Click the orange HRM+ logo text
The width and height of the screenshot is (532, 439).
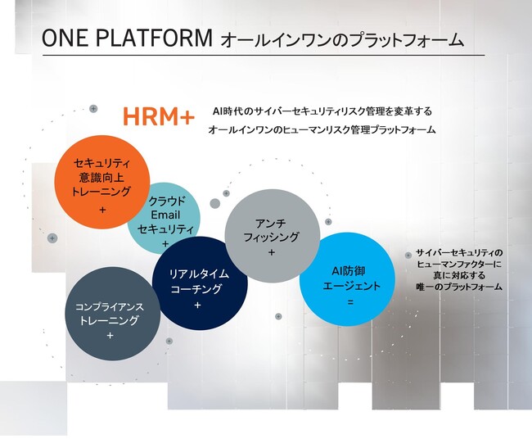(159, 117)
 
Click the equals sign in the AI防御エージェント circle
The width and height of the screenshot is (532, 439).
(349, 301)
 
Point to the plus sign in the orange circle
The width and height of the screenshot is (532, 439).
(102, 210)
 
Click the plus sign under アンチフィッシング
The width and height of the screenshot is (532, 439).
(271, 253)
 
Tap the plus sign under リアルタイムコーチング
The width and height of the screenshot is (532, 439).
(197, 305)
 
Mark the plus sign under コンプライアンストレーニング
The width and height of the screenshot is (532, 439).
(110, 335)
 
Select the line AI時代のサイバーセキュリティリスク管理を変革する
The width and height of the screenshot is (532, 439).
(322, 111)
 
